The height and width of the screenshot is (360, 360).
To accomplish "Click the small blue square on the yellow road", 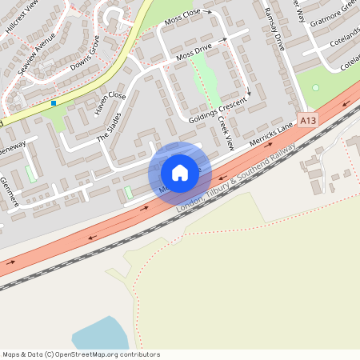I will coord(54,102).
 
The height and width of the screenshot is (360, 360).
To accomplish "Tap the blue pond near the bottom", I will coord(100,333).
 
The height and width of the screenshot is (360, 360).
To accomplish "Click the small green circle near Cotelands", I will coord(315,87).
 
